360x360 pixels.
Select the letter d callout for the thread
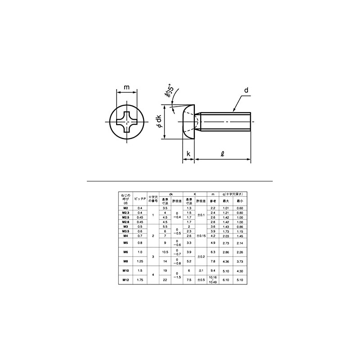pyautogui.click(x=246, y=90)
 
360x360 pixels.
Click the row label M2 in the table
pyautogui.click(x=126, y=208)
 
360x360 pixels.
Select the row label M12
pyautogui.click(x=126, y=279)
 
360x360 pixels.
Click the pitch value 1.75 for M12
pyautogui.click(x=139, y=279)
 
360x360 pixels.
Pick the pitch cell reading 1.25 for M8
pyautogui.click(x=139, y=261)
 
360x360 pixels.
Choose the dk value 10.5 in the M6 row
pyautogui.click(x=165, y=252)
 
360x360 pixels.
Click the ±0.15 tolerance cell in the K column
pyautogui.click(x=201, y=236)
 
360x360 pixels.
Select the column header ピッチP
pyautogui.click(x=139, y=198)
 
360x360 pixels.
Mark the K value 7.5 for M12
pyautogui.click(x=189, y=279)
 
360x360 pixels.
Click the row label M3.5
pyautogui.click(x=126, y=231)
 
